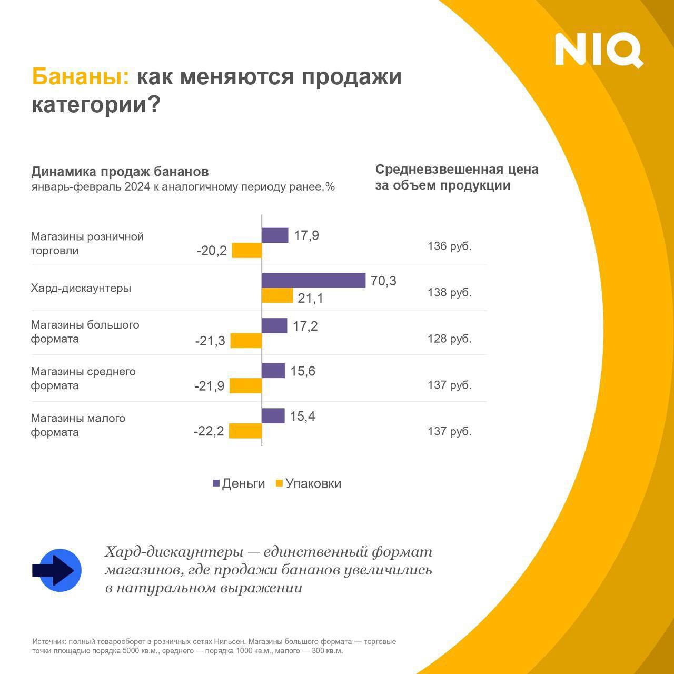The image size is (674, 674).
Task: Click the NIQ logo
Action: point(599,50)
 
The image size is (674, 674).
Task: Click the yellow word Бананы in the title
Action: point(80,77)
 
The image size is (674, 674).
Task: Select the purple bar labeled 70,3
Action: point(313,281)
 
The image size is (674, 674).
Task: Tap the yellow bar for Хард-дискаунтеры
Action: point(277,296)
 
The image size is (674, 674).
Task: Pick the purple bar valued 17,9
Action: point(275,235)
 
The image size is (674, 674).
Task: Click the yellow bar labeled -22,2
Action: point(245,431)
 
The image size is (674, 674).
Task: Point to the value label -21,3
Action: point(210,341)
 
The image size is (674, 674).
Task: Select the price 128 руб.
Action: point(449,339)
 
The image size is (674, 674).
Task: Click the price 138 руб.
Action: point(449,292)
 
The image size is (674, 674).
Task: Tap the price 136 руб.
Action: point(449,246)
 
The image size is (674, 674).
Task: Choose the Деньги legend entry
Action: point(239,483)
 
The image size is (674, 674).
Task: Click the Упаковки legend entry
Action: point(309,483)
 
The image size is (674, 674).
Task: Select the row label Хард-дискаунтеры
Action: point(81,288)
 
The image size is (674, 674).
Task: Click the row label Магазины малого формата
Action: point(78,425)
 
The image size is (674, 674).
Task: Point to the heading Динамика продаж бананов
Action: point(120,172)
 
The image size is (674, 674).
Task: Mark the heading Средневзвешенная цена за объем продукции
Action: point(457,177)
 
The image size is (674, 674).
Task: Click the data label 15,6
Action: point(303,371)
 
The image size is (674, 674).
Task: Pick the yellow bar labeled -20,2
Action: point(247,251)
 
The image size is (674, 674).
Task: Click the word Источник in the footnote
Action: point(49,641)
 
